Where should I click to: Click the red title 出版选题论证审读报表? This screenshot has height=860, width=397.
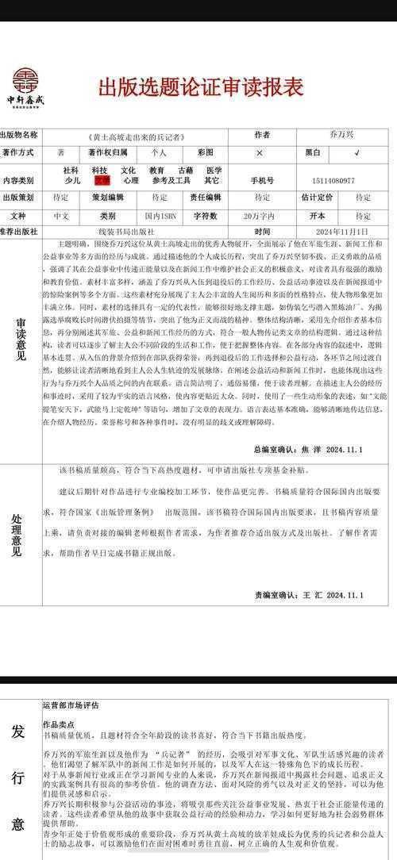click(x=200, y=86)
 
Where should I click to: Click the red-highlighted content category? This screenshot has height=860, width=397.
click(x=102, y=181)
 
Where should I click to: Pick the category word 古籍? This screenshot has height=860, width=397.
click(x=185, y=170)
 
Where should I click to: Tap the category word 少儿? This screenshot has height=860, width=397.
click(x=72, y=181)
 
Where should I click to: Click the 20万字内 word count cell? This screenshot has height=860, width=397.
click(x=259, y=215)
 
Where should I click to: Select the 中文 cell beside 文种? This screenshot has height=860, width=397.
click(x=61, y=215)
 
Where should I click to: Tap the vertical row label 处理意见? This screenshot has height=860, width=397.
click(x=17, y=536)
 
